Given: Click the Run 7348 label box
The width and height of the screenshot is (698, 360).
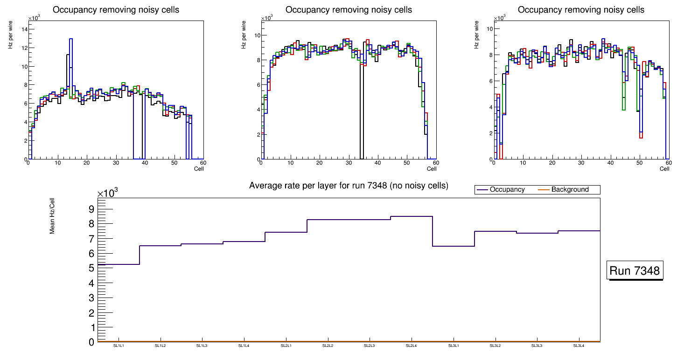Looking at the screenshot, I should tap(635, 271).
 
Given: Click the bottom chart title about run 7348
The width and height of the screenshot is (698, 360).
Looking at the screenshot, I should tap(349, 186).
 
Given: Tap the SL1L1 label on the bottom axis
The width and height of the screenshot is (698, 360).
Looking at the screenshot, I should tap(119, 346).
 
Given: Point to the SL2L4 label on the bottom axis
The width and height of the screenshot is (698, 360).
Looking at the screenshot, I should tap(411, 346).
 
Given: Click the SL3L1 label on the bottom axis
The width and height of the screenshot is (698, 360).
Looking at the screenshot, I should tap(453, 346).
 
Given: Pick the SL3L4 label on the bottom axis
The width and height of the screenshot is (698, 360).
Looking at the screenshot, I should tap(579, 346).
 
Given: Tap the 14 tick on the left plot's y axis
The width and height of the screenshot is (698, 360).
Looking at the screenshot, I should tap(24, 29).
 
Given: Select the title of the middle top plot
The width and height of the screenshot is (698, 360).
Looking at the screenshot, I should tap(349, 10).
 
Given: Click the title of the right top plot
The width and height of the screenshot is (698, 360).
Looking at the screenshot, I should tap(581, 10).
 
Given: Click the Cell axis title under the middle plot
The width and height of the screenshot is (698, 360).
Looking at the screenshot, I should tap(431, 169).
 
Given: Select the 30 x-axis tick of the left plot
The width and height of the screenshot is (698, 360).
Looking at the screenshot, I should tap(116, 163).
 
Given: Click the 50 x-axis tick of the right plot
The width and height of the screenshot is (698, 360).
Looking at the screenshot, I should tap(639, 163).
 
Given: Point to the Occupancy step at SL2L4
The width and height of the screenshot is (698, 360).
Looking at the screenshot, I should tap(411, 216).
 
